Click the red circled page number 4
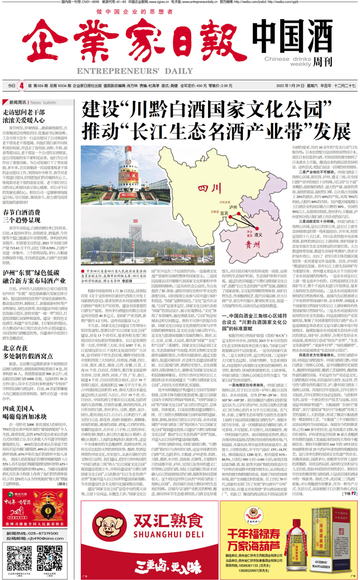(x=22, y=85)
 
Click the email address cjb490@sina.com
(x=45, y=539)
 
